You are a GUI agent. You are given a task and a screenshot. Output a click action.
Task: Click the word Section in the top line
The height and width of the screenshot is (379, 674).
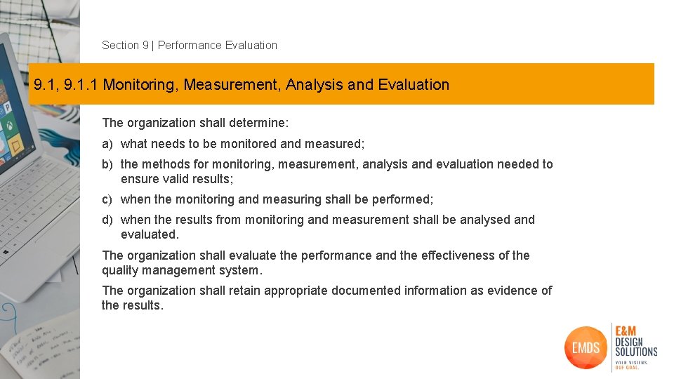[121, 46]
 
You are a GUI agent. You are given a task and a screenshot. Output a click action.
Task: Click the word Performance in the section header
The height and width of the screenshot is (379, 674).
[189, 46]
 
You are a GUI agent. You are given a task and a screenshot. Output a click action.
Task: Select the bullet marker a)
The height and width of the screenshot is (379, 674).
[107, 144]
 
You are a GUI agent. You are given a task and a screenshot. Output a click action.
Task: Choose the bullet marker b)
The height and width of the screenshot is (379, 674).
[107, 164]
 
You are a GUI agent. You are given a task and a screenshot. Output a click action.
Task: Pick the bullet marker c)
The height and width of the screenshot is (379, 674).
[107, 199]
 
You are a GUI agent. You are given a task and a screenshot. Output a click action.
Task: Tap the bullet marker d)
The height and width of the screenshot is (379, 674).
[107, 220]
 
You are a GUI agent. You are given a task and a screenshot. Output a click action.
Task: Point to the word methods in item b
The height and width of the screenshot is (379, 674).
[161, 164]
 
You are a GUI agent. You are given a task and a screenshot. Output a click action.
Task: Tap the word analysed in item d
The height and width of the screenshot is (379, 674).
[484, 220]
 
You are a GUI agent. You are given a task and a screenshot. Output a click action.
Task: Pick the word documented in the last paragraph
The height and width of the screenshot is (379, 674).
[365, 291]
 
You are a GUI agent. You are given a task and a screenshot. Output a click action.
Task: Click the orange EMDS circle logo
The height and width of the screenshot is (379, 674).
[586, 347]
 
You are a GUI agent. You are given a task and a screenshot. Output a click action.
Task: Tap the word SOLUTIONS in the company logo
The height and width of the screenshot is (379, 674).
[636, 351]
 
